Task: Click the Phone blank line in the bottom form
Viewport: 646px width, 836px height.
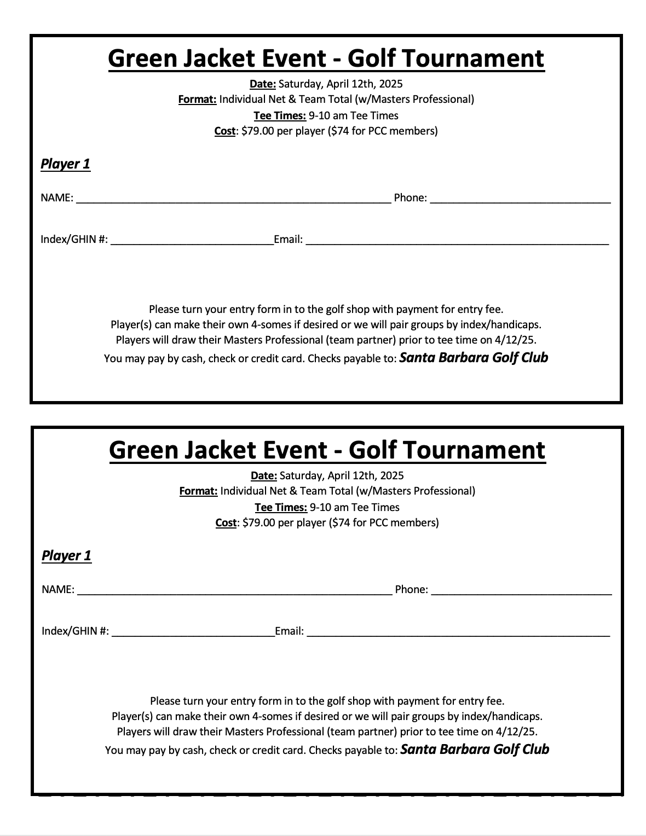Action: coord(521,591)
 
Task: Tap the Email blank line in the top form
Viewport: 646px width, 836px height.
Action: coord(457,241)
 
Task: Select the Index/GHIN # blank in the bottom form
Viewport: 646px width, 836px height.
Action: coord(193,633)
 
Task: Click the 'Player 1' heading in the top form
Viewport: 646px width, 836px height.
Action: coord(65,164)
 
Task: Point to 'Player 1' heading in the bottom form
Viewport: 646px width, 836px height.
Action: coord(66,555)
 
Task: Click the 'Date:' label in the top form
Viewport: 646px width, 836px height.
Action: coord(263,84)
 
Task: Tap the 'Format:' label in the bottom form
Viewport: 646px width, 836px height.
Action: coord(198,491)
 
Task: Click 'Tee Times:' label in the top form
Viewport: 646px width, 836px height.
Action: coord(280,115)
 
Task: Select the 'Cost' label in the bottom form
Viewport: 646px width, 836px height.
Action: coord(226,522)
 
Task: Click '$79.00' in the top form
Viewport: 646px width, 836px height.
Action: coord(257,131)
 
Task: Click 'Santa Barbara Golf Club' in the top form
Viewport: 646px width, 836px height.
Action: coord(474,358)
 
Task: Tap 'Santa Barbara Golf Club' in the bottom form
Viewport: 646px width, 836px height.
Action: coord(475,750)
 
